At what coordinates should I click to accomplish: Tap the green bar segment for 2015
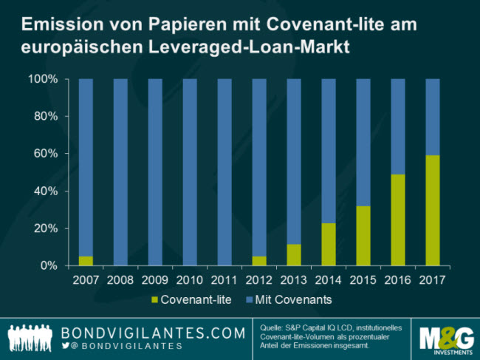364,236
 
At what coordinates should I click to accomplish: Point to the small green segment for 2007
86,261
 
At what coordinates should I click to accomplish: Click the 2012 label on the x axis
259,280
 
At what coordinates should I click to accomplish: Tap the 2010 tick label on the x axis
190,280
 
